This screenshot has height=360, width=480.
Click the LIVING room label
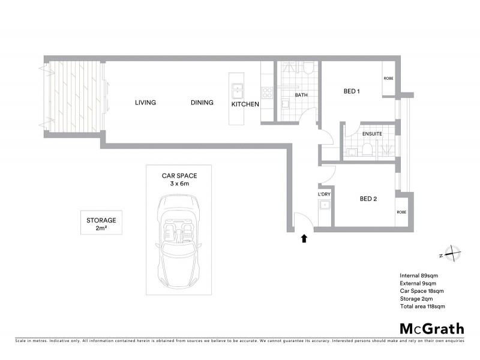coord(145,103)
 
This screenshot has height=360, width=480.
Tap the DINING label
coord(202,103)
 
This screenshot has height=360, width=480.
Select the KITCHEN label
coord(245,104)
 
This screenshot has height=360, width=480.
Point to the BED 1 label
coord(352,92)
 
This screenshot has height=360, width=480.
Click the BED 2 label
coord(368,199)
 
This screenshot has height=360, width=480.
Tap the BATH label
coord(301,95)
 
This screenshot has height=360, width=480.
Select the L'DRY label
coord(324,195)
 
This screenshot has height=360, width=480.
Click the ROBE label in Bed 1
coord(388,79)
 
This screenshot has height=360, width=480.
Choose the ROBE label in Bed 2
coord(403,212)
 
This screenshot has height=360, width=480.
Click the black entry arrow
coord(304,239)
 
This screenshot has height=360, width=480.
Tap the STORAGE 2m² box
coord(101,224)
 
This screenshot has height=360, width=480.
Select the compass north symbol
coord(450,254)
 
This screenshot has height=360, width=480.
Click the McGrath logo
coord(431,328)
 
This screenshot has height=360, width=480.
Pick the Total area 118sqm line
coord(422,306)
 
